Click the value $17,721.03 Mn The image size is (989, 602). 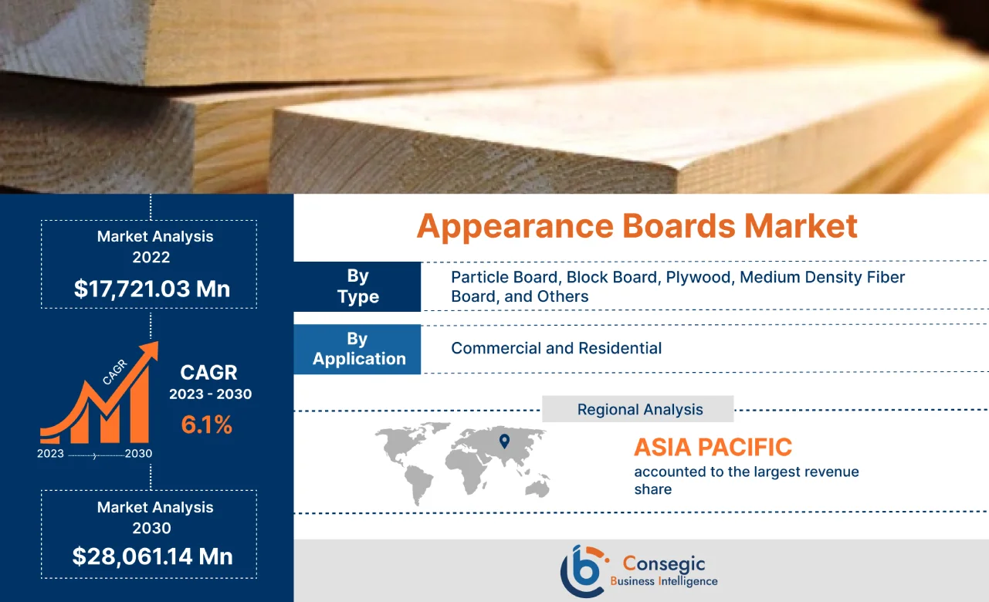tap(152, 289)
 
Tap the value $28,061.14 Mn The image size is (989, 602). tap(152, 556)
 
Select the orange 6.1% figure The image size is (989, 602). tap(206, 424)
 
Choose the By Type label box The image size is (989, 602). tap(357, 286)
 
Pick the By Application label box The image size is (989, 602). tap(358, 349)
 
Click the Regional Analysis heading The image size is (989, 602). tap(639, 409)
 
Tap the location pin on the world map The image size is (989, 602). tap(504, 441)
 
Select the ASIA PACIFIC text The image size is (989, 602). tap(713, 447)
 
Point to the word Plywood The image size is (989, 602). tap(699, 277)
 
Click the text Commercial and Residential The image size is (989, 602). tap(556, 348)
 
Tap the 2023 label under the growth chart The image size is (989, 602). tap(50, 454)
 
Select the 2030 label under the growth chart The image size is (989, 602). tap(138, 454)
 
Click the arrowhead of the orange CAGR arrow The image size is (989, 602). tap(151, 351)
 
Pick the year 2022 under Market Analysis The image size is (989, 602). tap(151, 257)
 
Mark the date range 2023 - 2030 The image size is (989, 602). tap(210, 394)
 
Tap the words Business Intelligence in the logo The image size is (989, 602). tap(663, 581)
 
